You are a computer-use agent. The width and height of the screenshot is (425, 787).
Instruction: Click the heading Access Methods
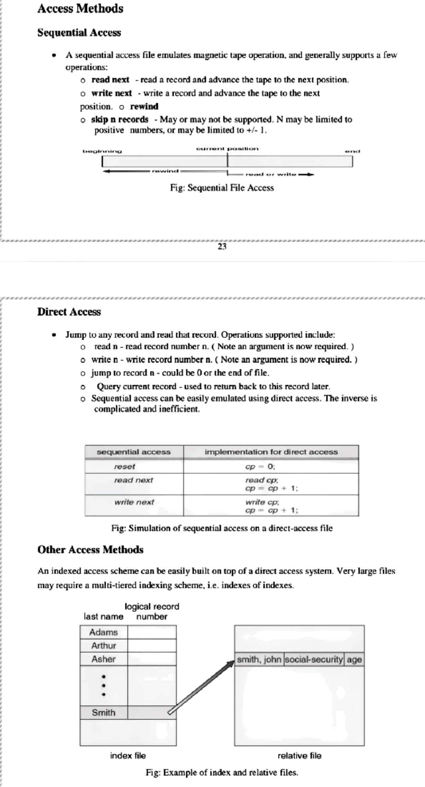tap(80, 9)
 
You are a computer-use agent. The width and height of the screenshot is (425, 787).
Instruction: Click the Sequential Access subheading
tap(79, 33)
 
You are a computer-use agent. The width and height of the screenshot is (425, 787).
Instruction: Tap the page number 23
tap(222, 247)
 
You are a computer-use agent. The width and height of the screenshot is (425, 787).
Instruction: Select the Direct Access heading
tap(69, 312)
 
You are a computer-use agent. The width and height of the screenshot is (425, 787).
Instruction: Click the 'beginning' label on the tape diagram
tap(102, 151)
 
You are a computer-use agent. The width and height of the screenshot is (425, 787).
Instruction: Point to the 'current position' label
tap(227, 149)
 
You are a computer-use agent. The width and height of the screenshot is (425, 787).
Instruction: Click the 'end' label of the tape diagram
tap(352, 151)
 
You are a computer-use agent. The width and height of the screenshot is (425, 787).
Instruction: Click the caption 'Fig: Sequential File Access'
tap(222, 188)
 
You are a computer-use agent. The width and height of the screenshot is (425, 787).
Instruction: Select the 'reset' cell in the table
tap(125, 466)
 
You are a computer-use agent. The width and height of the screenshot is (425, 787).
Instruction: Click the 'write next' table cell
tap(134, 502)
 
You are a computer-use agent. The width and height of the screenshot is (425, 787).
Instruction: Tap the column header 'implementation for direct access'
tap(271, 452)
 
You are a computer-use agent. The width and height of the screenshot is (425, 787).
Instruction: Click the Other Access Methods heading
tap(90, 550)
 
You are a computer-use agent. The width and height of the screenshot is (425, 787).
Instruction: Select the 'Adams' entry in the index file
tap(103, 632)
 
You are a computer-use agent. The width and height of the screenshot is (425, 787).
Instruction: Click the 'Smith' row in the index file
tap(103, 712)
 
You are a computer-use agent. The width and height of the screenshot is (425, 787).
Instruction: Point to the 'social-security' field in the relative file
tap(314, 659)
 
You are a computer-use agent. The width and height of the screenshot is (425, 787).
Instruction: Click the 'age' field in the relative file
tap(354, 659)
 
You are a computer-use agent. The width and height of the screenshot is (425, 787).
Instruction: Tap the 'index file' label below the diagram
tap(128, 755)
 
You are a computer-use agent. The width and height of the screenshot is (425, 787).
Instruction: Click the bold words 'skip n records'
tap(120, 119)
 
